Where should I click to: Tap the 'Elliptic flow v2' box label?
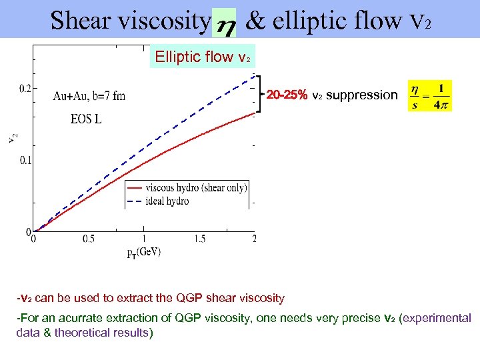tap(203, 57)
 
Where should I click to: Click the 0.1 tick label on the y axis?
tap(25, 160)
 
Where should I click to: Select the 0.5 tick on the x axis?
tap(88, 239)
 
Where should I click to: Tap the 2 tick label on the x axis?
tap(254, 239)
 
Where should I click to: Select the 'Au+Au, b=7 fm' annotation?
tap(89, 96)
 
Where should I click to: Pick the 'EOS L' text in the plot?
tap(86, 121)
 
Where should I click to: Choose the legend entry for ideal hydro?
tap(167, 201)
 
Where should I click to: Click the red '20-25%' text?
tap(287, 95)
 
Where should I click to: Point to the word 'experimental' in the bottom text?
tap(437, 319)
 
